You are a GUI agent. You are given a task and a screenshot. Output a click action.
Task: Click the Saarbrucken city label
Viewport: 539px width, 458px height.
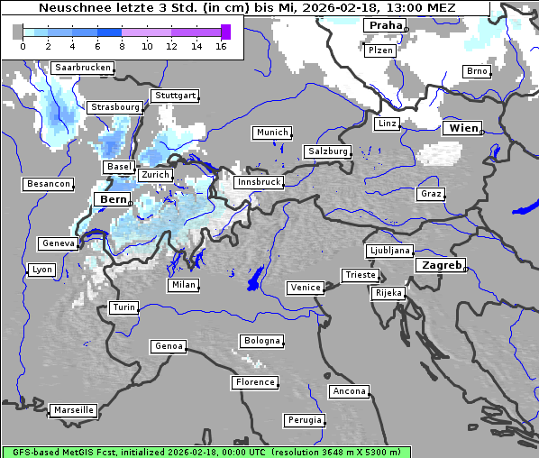83,68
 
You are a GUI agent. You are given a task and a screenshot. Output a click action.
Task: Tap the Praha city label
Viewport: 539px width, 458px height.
385,25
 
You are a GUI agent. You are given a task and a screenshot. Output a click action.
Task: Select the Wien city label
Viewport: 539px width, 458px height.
463,129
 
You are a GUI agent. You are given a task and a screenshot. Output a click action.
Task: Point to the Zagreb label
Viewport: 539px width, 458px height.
441,266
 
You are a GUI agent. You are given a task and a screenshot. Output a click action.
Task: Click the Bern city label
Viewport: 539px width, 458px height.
114,199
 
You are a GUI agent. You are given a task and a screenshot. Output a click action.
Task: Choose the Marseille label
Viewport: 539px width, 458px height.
74,410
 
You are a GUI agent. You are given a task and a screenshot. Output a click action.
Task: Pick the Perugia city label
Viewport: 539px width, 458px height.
303,420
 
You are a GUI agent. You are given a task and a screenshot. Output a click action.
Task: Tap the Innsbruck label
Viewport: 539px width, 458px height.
258,182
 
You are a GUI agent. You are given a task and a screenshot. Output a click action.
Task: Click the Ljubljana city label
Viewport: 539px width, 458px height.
389,251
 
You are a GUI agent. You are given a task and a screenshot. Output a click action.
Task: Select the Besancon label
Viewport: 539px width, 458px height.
48,184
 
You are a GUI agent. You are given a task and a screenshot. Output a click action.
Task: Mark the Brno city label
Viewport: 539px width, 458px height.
477,71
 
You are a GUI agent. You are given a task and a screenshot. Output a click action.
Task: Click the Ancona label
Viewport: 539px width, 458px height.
349,391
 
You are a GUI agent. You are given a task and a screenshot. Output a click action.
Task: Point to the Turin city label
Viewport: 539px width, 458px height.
123,307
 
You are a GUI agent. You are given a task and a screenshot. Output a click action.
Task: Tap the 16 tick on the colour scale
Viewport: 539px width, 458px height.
221,46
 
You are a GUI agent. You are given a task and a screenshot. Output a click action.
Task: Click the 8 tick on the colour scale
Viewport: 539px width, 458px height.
122,46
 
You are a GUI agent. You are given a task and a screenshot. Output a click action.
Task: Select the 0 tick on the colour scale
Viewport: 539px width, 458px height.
23,46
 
